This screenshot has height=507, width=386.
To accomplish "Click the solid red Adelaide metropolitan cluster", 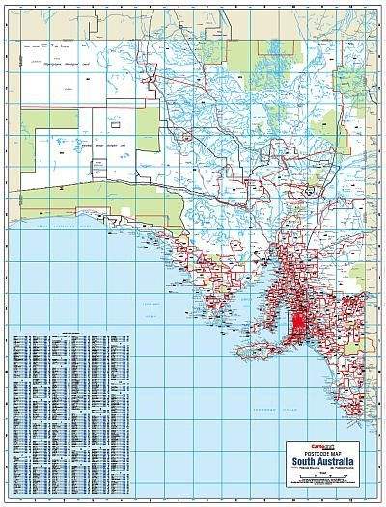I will point(300,318).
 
